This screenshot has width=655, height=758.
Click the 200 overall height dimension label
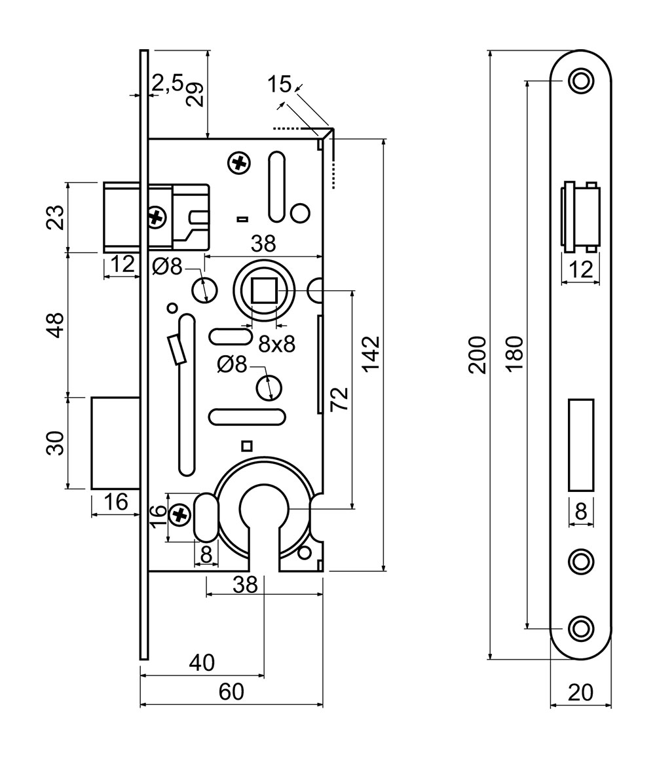point(479,354)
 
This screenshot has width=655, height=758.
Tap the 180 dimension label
point(515,354)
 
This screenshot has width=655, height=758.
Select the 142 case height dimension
point(371,354)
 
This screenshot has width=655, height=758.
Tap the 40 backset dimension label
point(201,663)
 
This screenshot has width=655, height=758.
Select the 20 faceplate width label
point(580,692)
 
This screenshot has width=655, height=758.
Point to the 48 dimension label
point(56,324)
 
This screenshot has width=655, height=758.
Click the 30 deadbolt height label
point(56,443)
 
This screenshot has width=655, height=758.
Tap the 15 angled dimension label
point(279,84)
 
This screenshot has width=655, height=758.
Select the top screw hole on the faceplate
point(580,81)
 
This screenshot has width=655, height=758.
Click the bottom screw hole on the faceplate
point(580,628)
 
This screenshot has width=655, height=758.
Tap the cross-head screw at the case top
point(240,162)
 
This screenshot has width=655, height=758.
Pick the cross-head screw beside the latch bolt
point(156,216)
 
